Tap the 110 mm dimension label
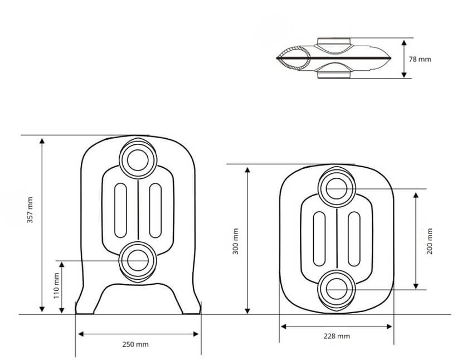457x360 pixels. (56, 286)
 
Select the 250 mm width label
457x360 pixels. (135, 344)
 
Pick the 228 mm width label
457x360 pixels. (337, 336)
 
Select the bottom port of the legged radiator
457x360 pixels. (135, 260)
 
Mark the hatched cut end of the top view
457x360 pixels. (293, 59)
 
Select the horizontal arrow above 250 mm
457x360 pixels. (138, 334)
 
